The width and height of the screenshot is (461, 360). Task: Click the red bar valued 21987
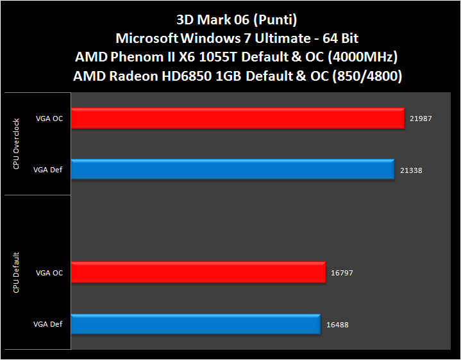click(x=238, y=119)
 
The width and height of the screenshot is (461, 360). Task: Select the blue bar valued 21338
click(x=233, y=170)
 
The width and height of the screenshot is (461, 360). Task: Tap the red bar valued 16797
click(x=198, y=272)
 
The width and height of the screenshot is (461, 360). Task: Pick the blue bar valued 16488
click(x=196, y=324)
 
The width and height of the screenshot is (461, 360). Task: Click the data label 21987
click(x=420, y=119)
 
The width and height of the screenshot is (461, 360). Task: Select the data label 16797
click(x=342, y=273)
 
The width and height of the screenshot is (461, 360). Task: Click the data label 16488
click(x=337, y=324)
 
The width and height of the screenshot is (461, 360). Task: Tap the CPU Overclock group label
click(x=16, y=143)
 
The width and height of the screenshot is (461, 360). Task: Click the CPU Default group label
click(x=16, y=273)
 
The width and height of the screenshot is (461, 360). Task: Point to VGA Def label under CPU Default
click(x=48, y=324)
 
